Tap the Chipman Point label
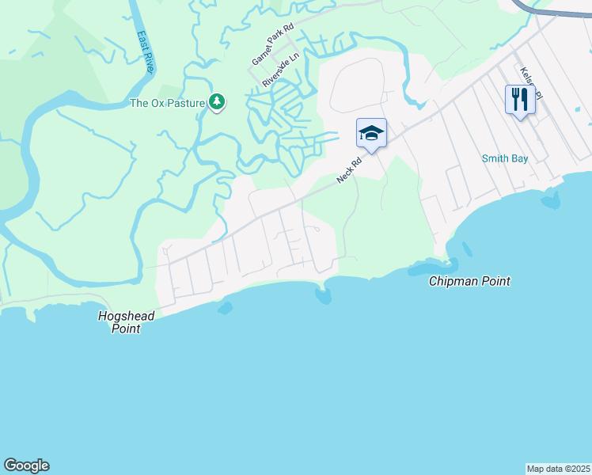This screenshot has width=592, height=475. pyautogui.click(x=469, y=281)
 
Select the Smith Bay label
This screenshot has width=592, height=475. pyautogui.click(x=504, y=158)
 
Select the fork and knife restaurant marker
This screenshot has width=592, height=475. pyautogui.click(x=519, y=100)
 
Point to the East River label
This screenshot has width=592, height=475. pyautogui.click(x=146, y=52)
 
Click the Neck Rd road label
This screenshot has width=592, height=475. pyautogui.click(x=348, y=169)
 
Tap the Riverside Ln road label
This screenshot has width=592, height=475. pyautogui.click(x=281, y=70)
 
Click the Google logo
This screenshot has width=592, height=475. pyautogui.click(x=26, y=465)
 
